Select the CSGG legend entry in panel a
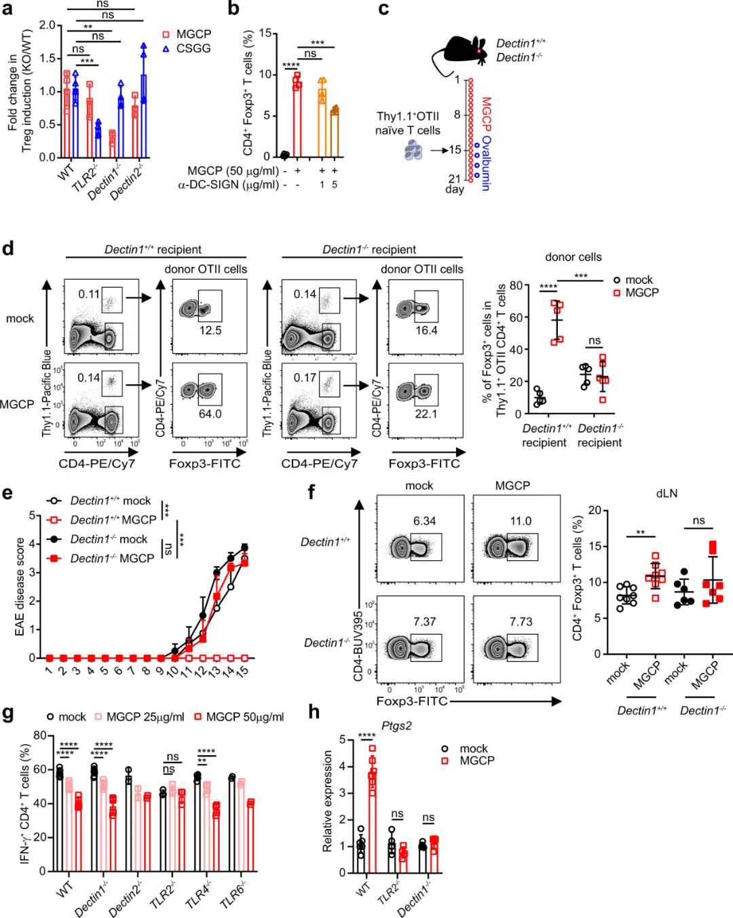coord(193,48)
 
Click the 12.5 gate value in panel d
coord(210,331)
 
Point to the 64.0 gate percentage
coord(210,414)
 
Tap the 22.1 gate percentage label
coord(426,414)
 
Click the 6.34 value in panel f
coord(424,521)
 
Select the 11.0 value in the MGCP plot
coord(521,521)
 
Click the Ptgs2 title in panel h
coord(396,725)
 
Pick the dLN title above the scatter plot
coord(666,494)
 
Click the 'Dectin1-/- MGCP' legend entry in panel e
coord(112,558)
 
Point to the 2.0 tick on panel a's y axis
coord(47,25)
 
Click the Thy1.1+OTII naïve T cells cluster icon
coord(413,151)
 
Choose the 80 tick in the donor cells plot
coord(516,285)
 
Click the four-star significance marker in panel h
coord(366,736)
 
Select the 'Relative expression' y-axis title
coord(328,801)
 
